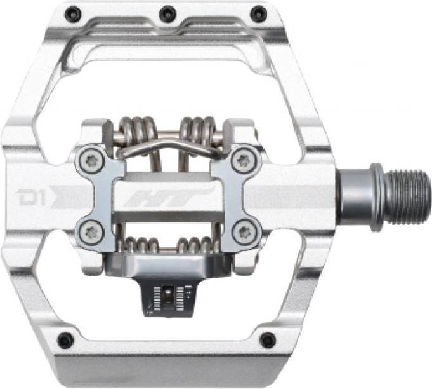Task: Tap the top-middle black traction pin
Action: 167,13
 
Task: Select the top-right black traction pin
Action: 258,13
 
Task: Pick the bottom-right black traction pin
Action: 268,339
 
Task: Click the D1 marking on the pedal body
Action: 32,198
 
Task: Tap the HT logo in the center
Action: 169,197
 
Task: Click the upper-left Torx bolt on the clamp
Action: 91,160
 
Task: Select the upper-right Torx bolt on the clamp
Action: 243,160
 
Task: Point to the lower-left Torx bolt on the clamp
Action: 91,233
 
